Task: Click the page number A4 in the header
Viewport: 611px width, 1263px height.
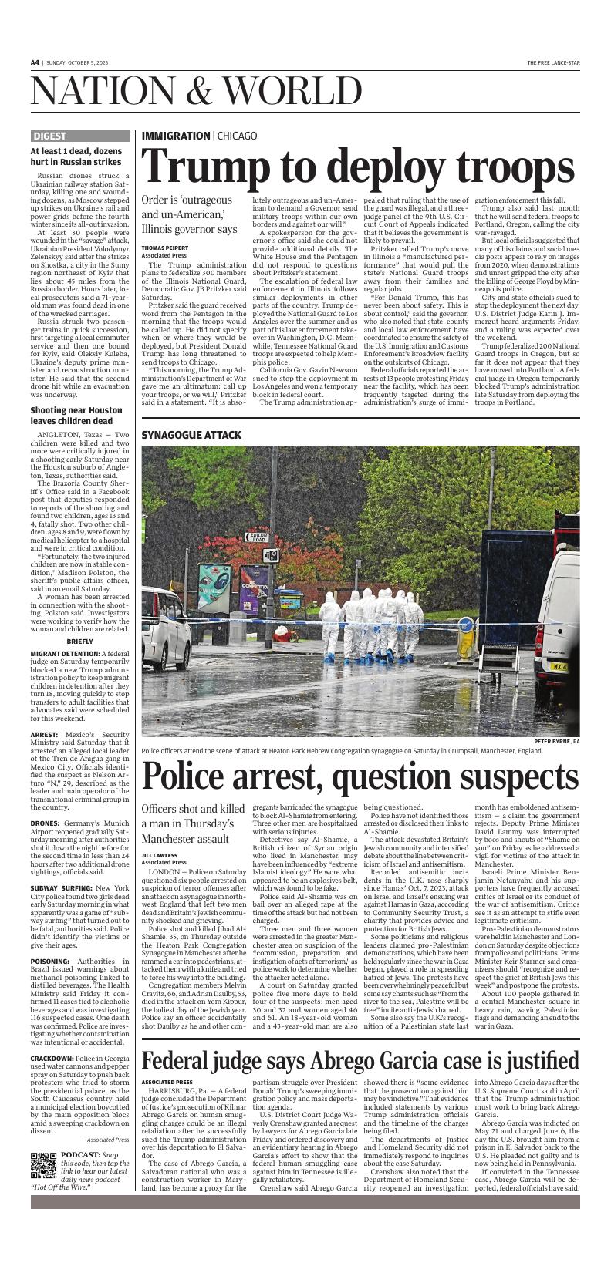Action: (x=35, y=62)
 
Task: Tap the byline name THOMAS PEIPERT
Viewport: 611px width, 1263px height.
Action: (x=164, y=248)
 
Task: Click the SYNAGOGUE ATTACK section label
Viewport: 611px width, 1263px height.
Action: (x=191, y=435)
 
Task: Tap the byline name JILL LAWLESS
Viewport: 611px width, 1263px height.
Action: (x=159, y=855)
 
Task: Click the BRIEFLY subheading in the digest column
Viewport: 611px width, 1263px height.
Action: (x=79, y=641)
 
